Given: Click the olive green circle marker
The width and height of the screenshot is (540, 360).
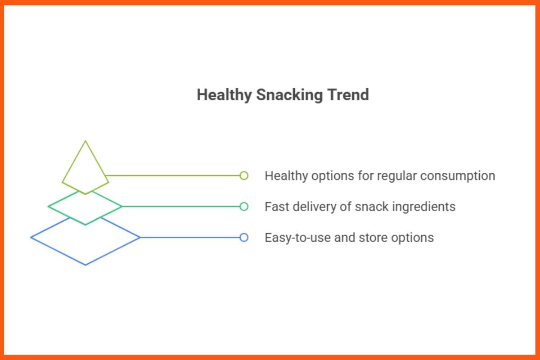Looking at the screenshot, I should pyautogui.click(x=244, y=175).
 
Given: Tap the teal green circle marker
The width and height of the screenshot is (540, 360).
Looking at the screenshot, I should pyautogui.click(x=244, y=207).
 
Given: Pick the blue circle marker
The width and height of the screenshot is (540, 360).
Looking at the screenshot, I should pyautogui.click(x=244, y=238).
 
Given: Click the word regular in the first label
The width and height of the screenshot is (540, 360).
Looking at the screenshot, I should pyautogui.click(x=395, y=176).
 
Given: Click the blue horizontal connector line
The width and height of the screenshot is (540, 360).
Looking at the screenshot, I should pyautogui.click(x=189, y=238).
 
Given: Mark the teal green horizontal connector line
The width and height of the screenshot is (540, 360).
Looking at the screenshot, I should pyautogui.click(x=180, y=207).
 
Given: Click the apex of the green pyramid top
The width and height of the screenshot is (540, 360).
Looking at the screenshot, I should pyautogui.click(x=85, y=141).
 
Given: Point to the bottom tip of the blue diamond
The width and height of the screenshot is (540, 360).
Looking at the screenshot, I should pyautogui.click(x=85, y=265).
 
